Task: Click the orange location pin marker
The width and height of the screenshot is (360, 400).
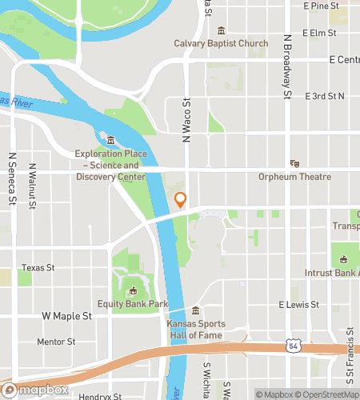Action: (181, 200)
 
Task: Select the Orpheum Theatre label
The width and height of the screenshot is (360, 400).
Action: (294, 177)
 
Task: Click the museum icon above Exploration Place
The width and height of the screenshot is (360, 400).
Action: (110, 141)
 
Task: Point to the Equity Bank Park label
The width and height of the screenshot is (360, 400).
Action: (132, 303)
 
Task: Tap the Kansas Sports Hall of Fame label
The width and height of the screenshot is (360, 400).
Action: (194, 330)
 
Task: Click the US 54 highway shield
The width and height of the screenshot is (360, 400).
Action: (294, 346)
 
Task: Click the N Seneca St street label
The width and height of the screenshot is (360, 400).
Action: (13, 179)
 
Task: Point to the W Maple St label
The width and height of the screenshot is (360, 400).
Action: (66, 316)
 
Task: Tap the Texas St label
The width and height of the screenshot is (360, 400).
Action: (38, 267)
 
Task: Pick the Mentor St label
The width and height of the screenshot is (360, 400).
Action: (56, 342)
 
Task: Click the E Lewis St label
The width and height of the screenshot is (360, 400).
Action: (298, 305)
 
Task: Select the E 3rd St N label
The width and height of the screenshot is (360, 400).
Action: (325, 96)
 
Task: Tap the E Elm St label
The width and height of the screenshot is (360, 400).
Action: (319, 33)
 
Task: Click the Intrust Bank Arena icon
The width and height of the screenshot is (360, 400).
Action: (344, 259)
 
